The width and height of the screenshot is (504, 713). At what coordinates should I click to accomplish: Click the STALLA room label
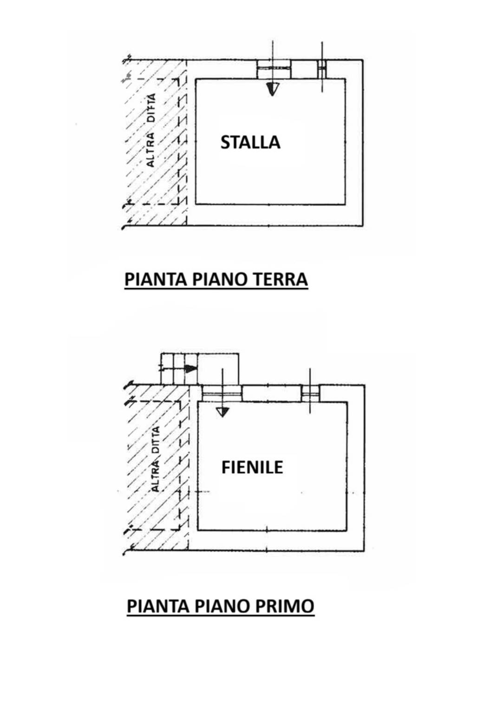pos(250,142)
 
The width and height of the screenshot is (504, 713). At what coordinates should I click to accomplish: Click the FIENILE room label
pos(252,468)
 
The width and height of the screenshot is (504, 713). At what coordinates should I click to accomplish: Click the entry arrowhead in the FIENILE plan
pos(222,412)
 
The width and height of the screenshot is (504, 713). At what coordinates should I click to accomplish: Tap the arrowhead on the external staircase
pos(191,369)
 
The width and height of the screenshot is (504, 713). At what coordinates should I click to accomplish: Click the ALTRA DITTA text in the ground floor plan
pos(151,130)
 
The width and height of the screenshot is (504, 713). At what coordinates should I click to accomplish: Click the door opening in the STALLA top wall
pos(274,69)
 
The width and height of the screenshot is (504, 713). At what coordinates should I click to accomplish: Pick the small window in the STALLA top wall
pos(322,69)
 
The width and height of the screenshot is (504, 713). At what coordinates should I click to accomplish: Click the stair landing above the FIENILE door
pos(218,369)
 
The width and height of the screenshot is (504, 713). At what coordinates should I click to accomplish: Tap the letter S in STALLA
pos(225,142)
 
